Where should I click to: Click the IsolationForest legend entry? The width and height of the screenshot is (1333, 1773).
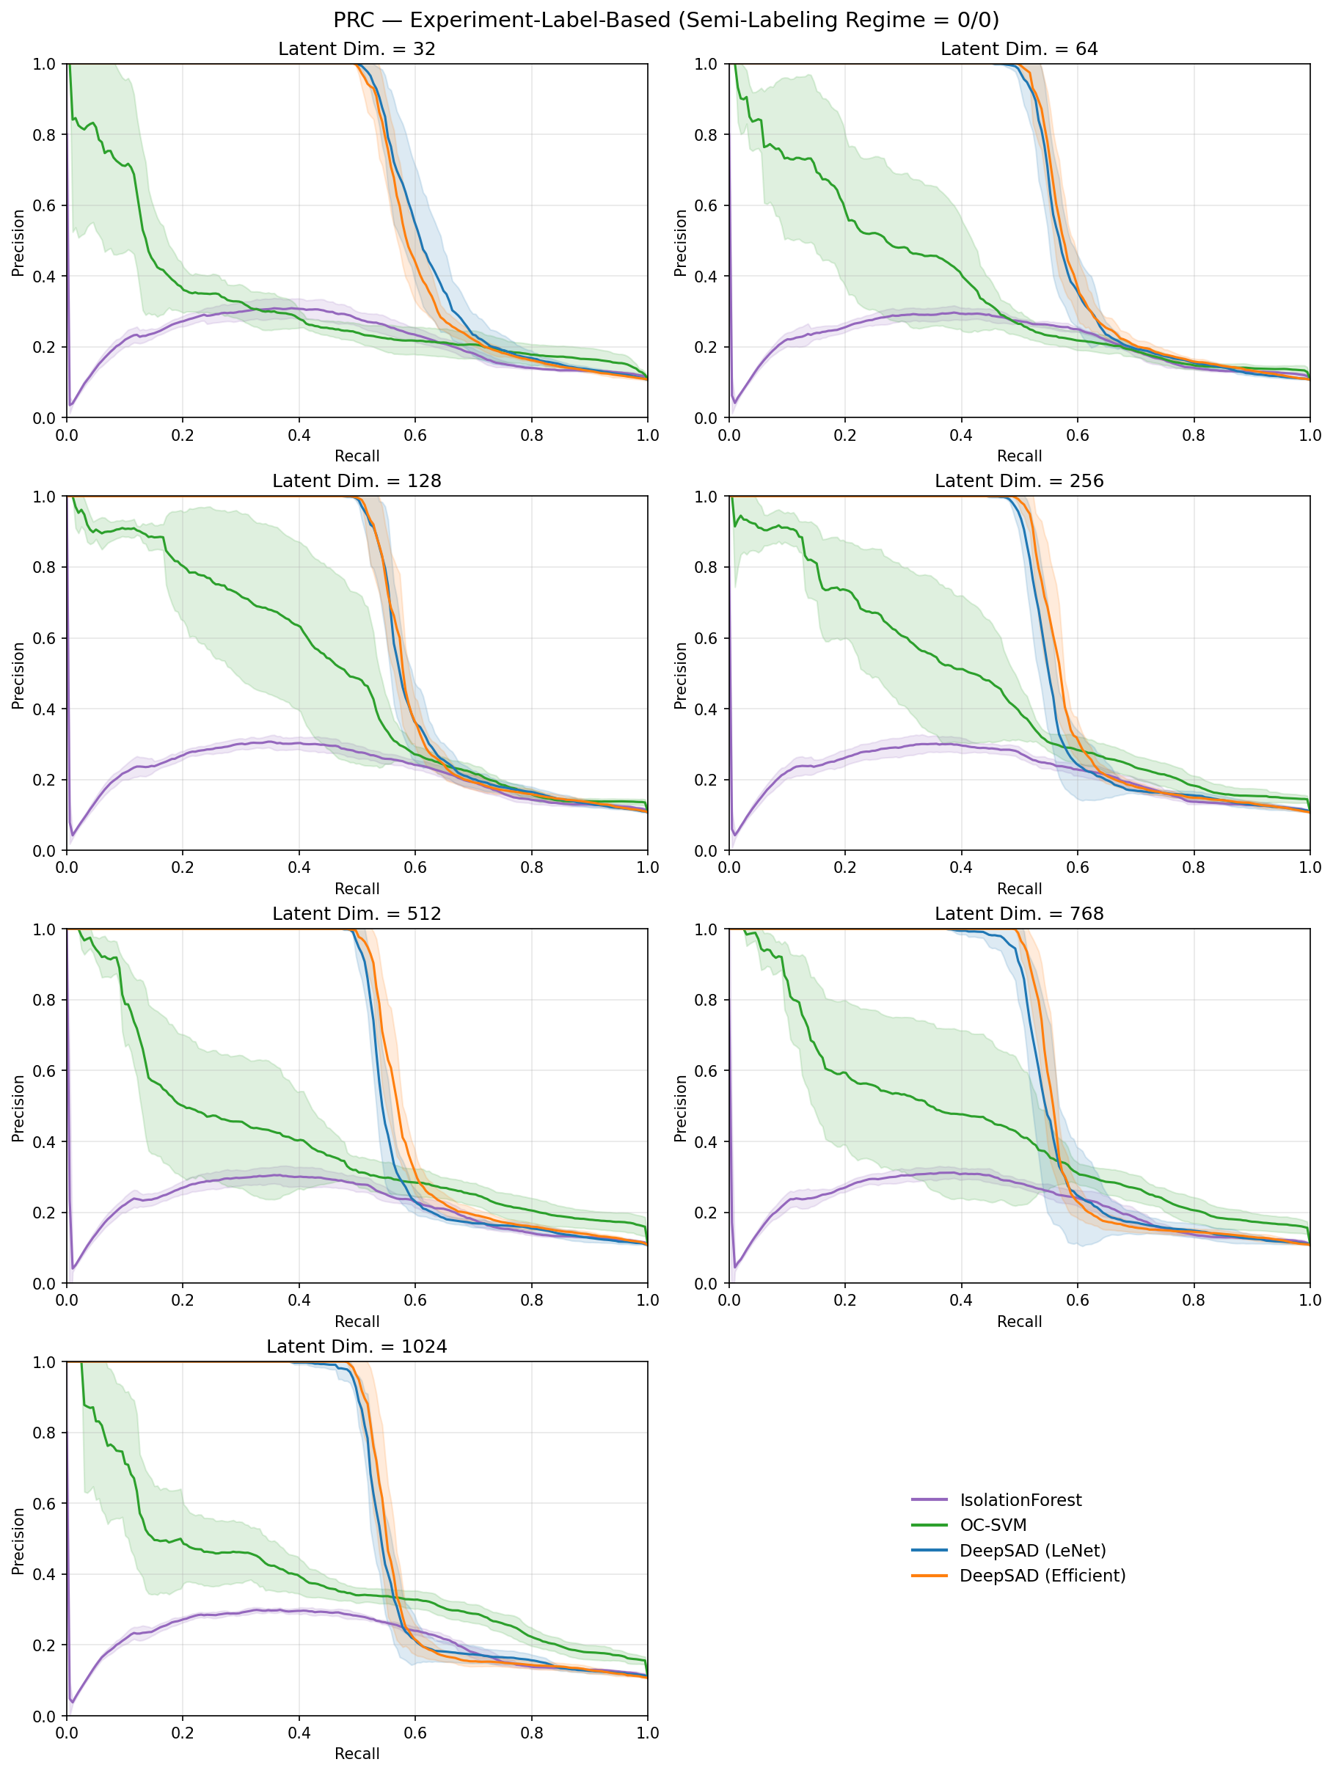pos(1020,1499)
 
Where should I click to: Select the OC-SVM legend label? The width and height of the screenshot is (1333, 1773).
pos(993,1524)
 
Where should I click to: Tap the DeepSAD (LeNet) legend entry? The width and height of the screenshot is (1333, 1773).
pos(1032,1550)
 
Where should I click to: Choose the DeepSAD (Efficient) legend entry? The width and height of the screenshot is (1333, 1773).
pos(1042,1575)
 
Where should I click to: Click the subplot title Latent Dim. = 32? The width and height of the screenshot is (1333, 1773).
pos(357,49)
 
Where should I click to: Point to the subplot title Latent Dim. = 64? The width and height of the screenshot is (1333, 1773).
pos(1019,49)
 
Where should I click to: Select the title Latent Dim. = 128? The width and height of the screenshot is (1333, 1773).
pos(357,482)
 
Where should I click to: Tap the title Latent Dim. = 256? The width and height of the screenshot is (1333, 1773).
pos(1019,482)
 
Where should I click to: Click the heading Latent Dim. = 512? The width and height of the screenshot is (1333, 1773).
pos(357,915)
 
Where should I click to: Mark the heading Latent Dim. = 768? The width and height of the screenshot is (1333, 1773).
pos(1019,915)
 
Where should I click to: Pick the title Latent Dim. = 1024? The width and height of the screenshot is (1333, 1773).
pos(357,1348)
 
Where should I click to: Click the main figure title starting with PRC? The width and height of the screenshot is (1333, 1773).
pos(666,19)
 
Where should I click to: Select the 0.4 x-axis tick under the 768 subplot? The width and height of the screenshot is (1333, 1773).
pos(961,1300)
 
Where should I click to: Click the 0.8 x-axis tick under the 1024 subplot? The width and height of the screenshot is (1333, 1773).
pos(531,1733)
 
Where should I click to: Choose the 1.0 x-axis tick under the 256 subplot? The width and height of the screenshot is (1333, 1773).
pos(1310,867)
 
